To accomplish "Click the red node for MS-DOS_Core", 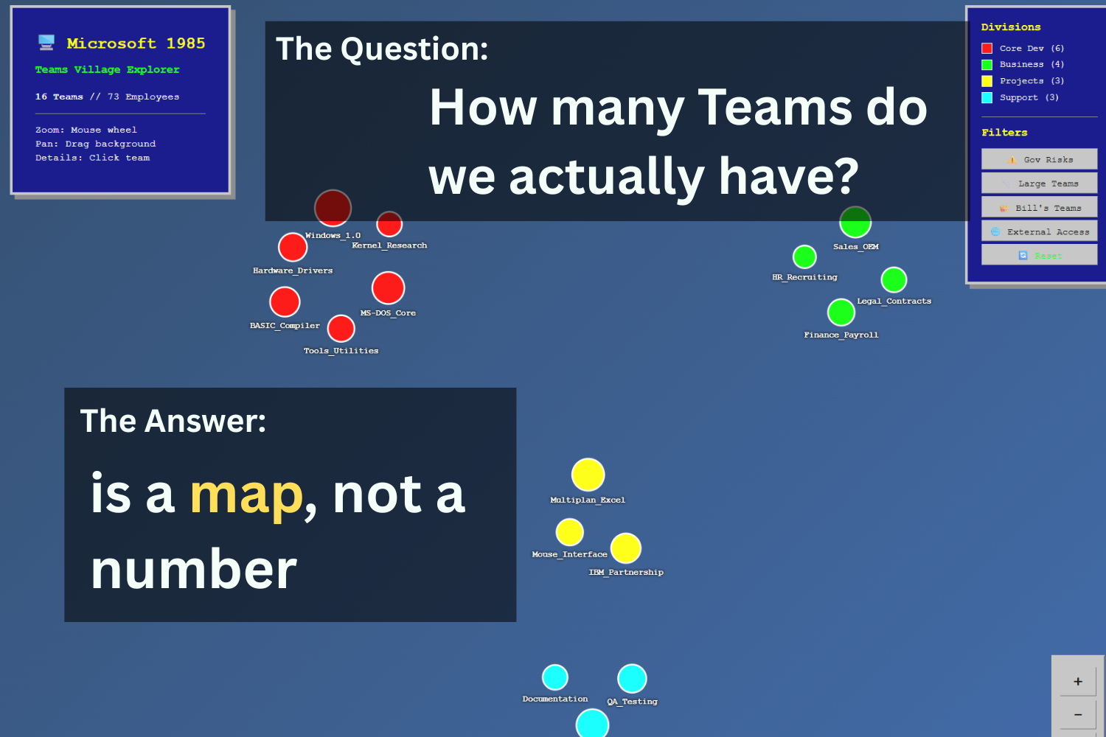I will [x=388, y=288].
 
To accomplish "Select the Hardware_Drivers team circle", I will [x=293, y=247].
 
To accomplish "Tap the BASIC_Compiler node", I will [x=285, y=301].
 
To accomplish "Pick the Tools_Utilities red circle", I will [x=341, y=329].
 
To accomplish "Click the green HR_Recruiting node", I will [x=804, y=256].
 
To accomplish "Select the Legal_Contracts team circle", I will [x=894, y=280].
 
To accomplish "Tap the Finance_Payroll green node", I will [x=841, y=312].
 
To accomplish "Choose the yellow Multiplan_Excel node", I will [x=588, y=475].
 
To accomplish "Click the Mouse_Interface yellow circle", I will [x=569, y=532].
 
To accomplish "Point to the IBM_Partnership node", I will [x=625, y=548].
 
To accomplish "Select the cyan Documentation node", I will [x=555, y=677].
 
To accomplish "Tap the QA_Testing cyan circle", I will [x=632, y=679].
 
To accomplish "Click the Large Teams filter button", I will [x=1039, y=184].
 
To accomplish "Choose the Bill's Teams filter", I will [x=1039, y=208].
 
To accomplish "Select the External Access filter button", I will [x=1039, y=231].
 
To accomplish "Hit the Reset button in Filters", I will [x=1039, y=256].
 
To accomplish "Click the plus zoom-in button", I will [x=1077, y=682].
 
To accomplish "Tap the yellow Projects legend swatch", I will [x=987, y=81].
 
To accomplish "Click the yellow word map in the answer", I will [x=246, y=495].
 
